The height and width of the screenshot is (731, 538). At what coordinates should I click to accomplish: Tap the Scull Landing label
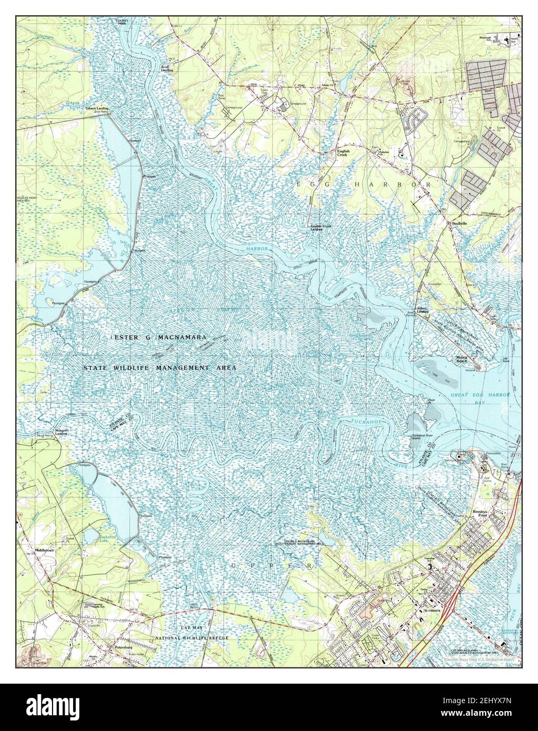coord(167,67)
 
